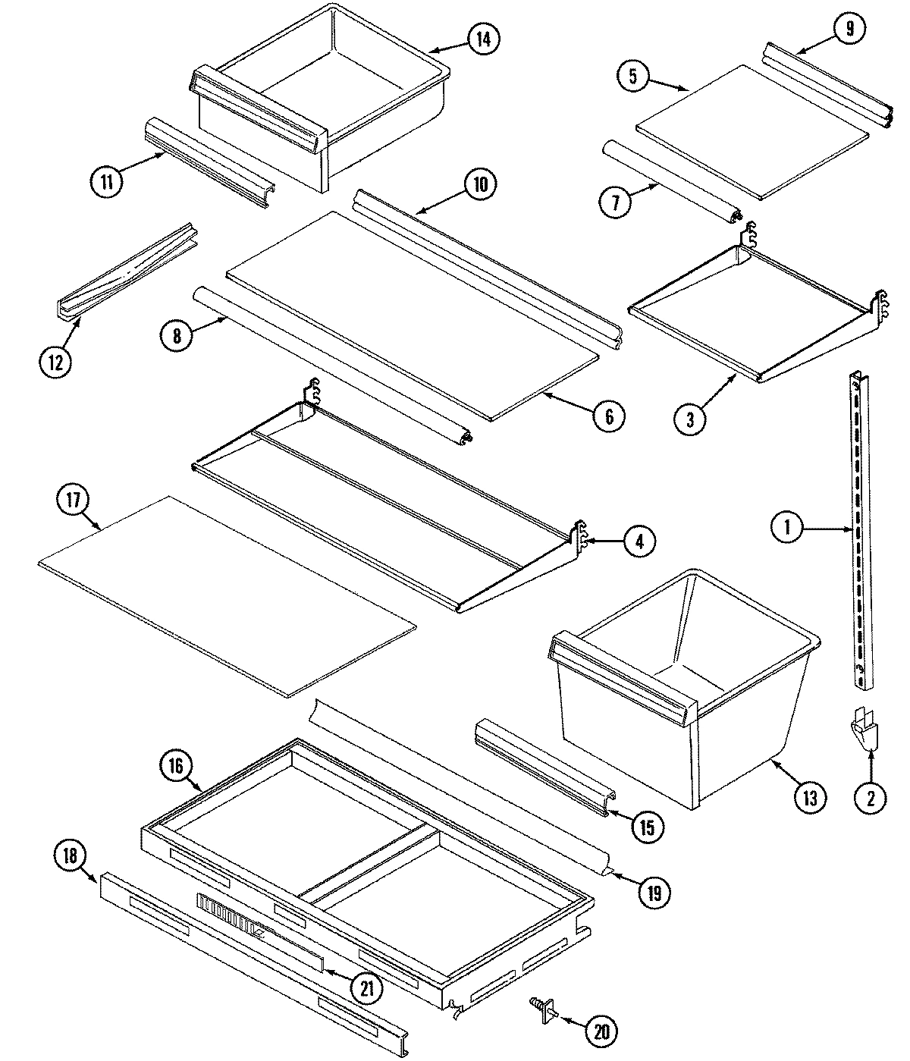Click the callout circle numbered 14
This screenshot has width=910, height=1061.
tap(483, 39)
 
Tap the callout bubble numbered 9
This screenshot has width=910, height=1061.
tap(849, 29)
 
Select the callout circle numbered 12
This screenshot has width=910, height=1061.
tap(55, 359)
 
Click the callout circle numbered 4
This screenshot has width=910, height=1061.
tap(640, 541)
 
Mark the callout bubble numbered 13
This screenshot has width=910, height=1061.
tap(809, 797)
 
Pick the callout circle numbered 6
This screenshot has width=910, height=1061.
tap(610, 416)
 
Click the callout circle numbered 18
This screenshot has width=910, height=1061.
tap(70, 855)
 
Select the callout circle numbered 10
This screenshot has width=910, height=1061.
tap(482, 184)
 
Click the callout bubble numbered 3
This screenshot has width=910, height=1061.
tap(690, 419)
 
